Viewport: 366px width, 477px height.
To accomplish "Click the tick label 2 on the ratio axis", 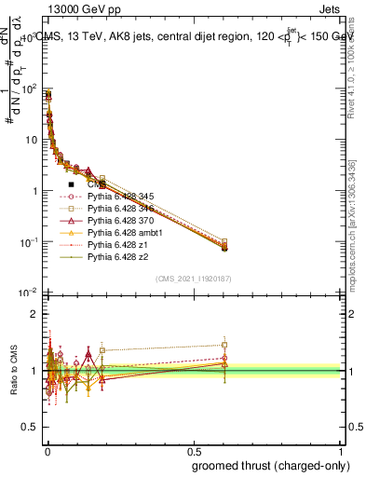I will (x=34, y=315).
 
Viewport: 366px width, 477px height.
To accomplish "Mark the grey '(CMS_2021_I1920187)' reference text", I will (x=193, y=279).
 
